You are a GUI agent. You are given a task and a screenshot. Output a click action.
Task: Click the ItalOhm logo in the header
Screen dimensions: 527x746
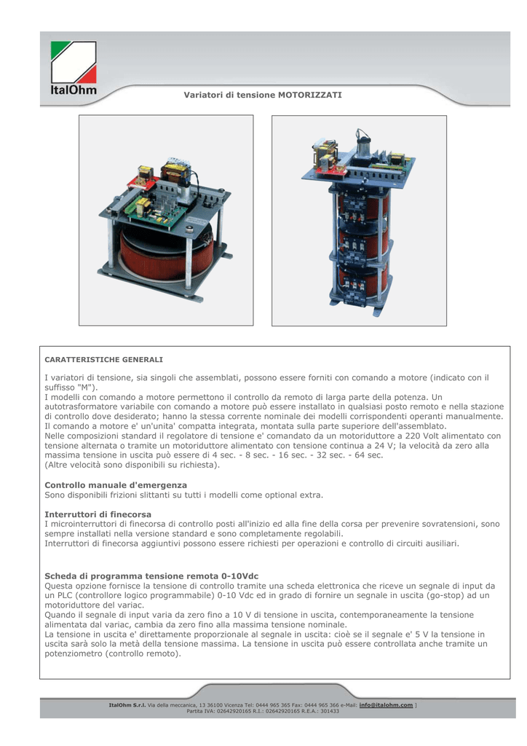coord(74,68)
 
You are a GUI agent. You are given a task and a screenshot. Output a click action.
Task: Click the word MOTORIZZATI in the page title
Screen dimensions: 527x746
coord(310,95)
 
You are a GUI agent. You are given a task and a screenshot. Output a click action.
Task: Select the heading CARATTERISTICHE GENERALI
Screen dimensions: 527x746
coord(103,360)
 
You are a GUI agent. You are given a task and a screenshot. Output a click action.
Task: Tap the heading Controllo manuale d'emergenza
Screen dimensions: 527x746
coord(116,485)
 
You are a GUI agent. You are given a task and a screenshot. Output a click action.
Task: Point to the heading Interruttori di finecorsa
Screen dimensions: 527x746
coord(98,514)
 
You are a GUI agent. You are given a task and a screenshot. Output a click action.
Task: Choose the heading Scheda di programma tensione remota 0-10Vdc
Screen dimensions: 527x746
coord(151,576)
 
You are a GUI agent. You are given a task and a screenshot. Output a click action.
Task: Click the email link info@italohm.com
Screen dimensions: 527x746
coord(386,705)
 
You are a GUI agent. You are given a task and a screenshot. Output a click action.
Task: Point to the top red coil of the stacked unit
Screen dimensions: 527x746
coord(362,204)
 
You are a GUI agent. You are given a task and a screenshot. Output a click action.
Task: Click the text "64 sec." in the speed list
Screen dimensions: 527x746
coord(369,455)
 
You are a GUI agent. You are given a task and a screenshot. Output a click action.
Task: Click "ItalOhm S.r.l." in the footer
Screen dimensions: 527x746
coord(127,705)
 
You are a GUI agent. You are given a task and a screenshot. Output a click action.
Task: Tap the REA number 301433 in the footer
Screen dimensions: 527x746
coord(330,711)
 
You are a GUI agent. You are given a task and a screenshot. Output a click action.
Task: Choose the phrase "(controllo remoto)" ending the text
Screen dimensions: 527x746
coord(143,653)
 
